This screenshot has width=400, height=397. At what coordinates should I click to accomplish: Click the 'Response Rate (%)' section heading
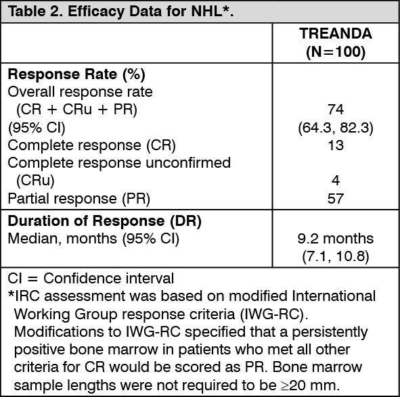click(67, 74)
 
